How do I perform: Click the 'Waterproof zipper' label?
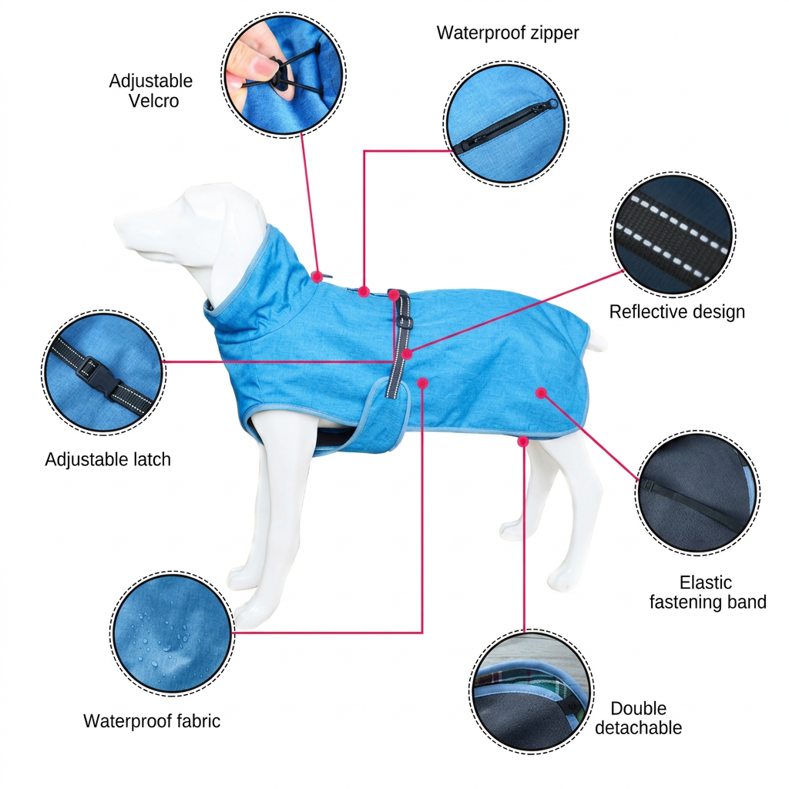[x=508, y=33]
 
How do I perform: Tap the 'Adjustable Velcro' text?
[x=151, y=91]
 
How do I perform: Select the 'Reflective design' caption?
[x=677, y=312]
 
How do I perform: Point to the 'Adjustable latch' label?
[x=108, y=459]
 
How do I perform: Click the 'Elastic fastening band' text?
[x=707, y=593]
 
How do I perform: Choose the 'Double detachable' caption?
[x=638, y=718]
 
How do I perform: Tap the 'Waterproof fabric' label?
[x=152, y=721]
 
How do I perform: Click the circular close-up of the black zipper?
[x=506, y=124]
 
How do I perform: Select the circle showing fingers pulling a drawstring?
[x=284, y=75]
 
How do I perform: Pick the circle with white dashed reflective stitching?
[x=673, y=234]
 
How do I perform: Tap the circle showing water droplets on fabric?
[x=172, y=633]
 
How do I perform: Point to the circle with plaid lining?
[x=532, y=691]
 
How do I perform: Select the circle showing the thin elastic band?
[x=698, y=493]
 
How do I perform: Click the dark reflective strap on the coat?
[x=399, y=343]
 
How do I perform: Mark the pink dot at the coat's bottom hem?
[x=523, y=442]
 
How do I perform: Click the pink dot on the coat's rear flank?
[x=541, y=393]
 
